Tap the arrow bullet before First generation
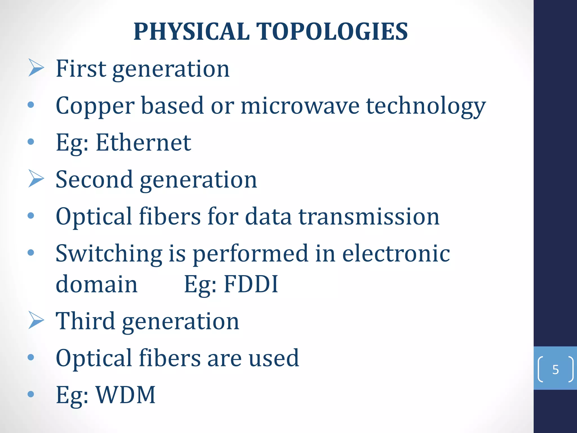[36, 68]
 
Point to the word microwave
[300, 106]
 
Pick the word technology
[426, 107]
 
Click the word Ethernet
[143, 143]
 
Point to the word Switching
[109, 254]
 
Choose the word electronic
[396, 253]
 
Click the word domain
[97, 284]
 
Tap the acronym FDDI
[251, 284]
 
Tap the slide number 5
[555, 369]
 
